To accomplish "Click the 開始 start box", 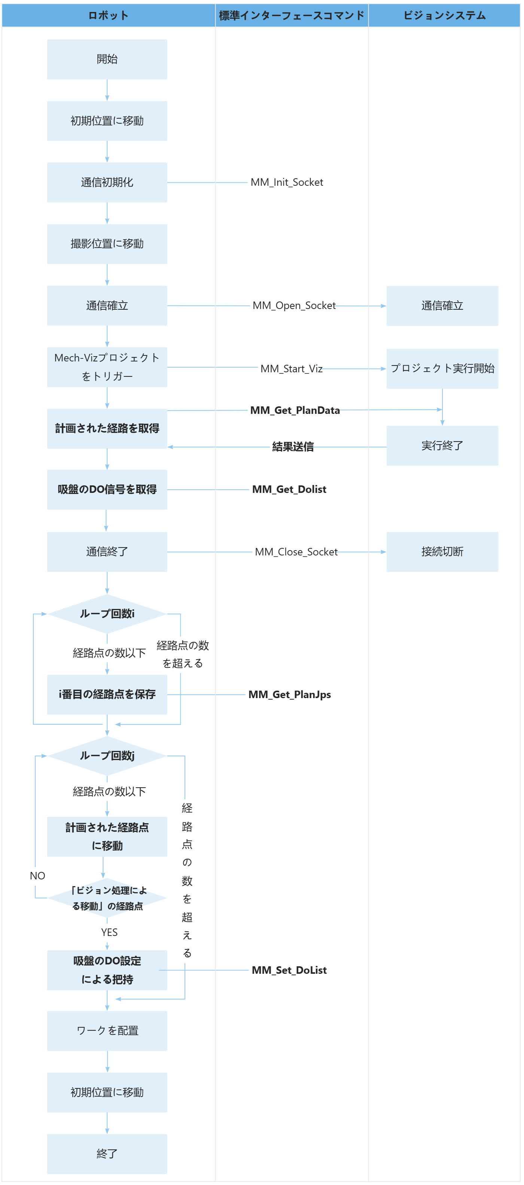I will tap(107, 59).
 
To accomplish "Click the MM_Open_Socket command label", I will tap(294, 306).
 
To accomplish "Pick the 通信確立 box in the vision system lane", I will tap(442, 306).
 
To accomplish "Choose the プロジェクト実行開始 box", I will tap(442, 369).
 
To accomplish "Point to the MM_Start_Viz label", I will tap(292, 369).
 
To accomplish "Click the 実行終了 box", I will tap(442, 446).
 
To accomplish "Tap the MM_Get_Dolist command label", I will tap(289, 490).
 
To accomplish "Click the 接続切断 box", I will tap(442, 552).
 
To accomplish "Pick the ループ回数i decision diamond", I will tap(107, 613).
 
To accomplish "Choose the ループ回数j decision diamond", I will tap(107, 756).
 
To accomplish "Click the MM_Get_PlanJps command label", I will tap(290, 695).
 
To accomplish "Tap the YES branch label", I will tap(109, 933).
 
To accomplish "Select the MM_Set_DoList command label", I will tap(289, 970).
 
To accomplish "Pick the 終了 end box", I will tap(107, 1154).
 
